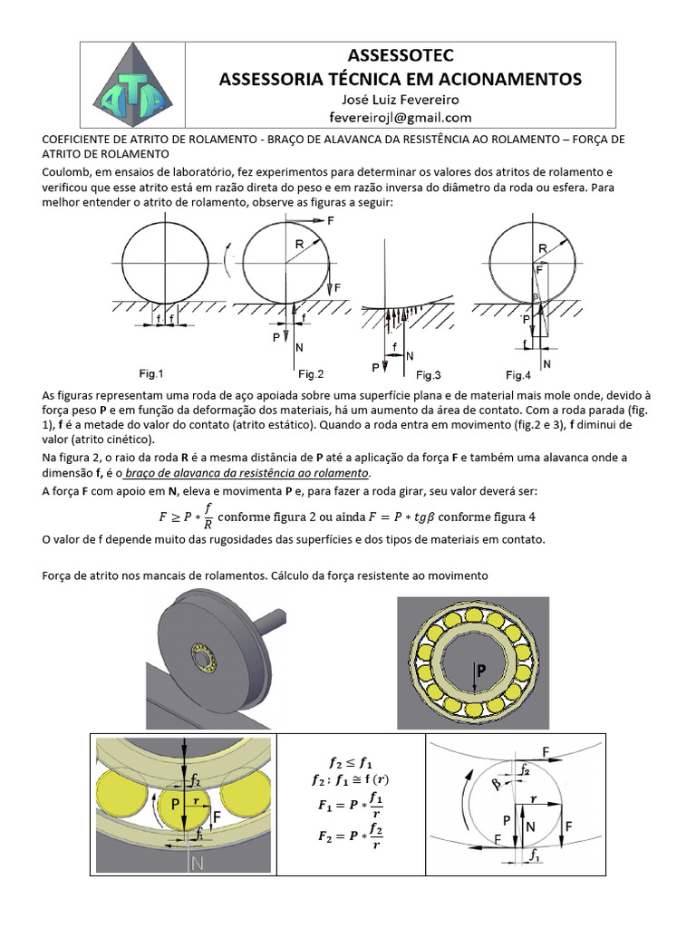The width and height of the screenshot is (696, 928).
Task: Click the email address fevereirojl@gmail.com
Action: tap(401, 118)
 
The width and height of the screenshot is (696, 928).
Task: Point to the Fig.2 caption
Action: tap(311, 373)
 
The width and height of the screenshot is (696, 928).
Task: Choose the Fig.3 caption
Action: tap(428, 374)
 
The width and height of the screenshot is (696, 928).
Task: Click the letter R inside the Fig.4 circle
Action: tap(541, 246)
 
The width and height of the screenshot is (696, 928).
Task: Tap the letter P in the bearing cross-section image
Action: tap(481, 672)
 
